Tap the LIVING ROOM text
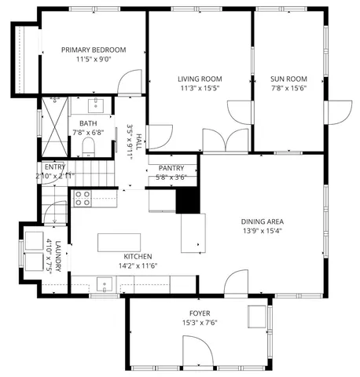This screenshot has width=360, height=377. coord(199,79)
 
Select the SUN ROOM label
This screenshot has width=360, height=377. coord(288,79)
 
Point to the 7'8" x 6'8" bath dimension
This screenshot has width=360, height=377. coord(87,133)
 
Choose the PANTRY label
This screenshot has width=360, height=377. coord(171,168)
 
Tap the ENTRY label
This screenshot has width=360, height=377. coord(55,167)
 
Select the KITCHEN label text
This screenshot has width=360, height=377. coord(138,257)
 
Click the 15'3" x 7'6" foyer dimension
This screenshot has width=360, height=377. coord(200,323)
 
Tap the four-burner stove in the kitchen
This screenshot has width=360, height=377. coord(83,198)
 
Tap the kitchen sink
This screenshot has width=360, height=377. coord(103,285)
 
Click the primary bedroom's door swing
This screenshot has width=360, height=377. coord(130,82)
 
